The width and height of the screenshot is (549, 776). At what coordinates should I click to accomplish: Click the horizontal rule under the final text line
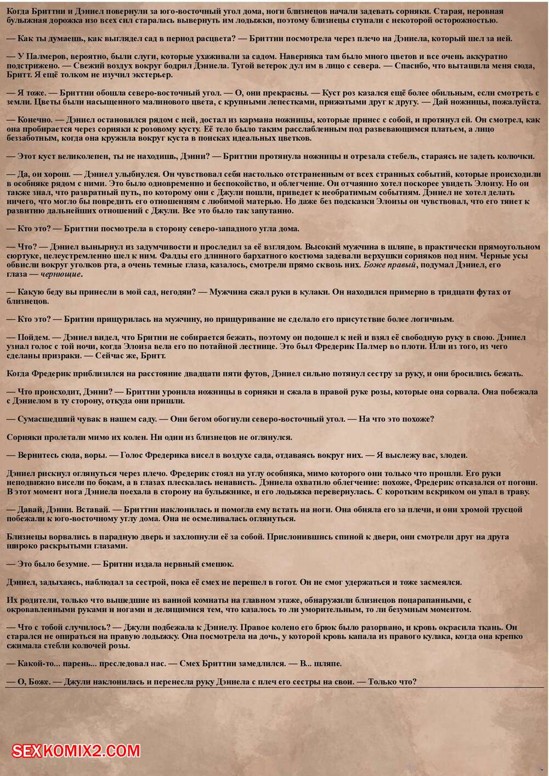[x=274, y=687]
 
